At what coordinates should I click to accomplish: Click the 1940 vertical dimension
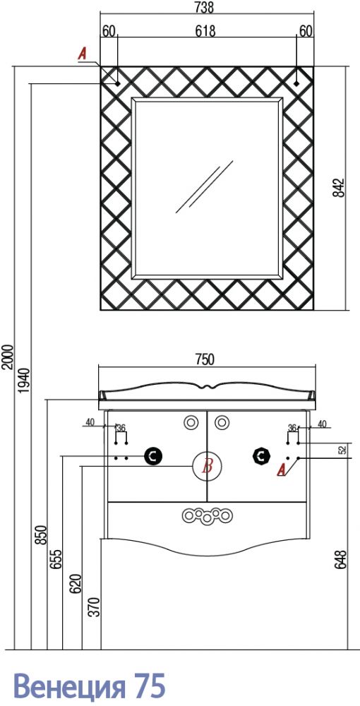click(24, 381)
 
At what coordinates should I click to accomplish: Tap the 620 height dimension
click(75, 584)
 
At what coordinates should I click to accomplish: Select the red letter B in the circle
click(208, 467)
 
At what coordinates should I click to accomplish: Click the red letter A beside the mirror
click(83, 54)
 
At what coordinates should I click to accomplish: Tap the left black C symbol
click(153, 457)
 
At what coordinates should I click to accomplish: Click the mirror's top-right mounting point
click(296, 83)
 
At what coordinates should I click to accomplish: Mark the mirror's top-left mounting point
click(117, 83)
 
